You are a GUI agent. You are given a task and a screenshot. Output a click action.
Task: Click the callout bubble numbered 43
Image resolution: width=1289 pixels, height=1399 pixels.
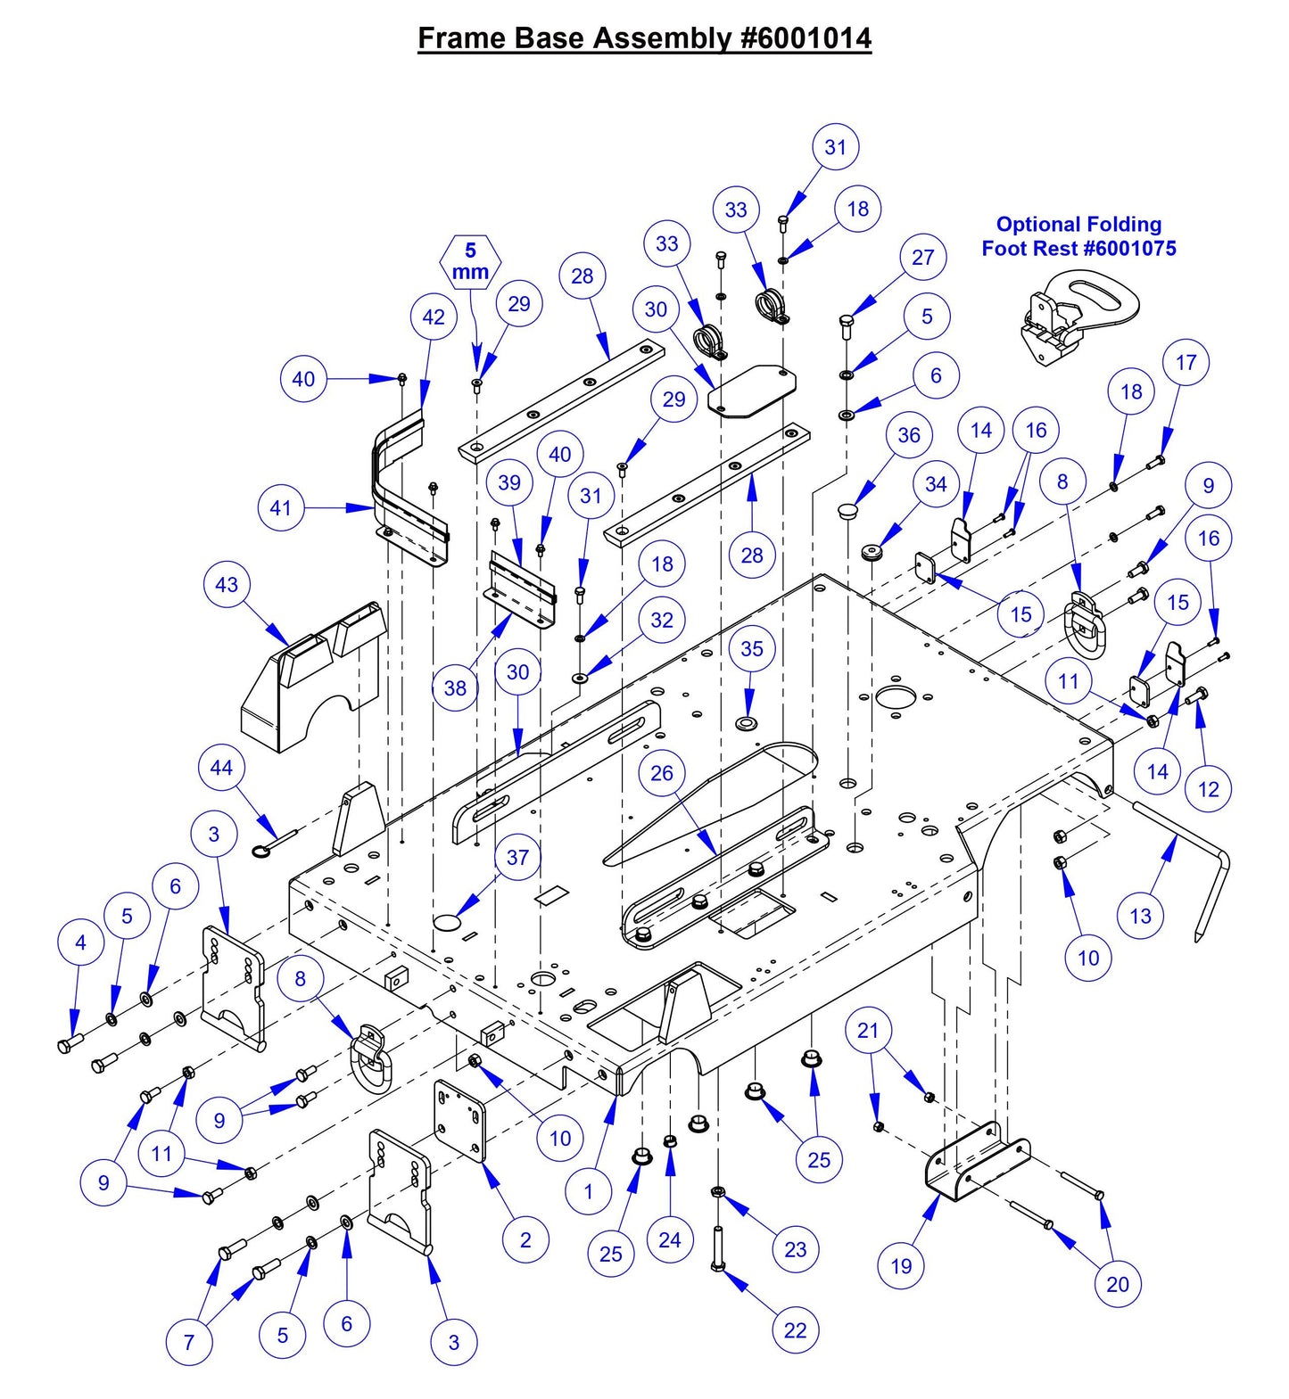(x=227, y=585)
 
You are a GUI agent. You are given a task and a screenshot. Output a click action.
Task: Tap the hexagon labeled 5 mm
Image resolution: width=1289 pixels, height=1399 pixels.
(x=471, y=261)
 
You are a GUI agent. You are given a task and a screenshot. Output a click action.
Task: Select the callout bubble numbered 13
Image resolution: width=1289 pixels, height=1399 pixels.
(x=1140, y=916)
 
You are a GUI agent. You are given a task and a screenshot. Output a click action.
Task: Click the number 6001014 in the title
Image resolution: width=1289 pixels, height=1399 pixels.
(x=814, y=38)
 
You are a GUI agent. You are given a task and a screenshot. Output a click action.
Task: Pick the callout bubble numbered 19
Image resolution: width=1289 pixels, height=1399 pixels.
(x=901, y=1265)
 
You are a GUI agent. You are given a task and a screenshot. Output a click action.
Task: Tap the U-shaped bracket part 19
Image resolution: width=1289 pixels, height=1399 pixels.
(x=977, y=1163)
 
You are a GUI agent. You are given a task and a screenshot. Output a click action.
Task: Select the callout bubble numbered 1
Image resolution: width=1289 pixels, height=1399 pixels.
(x=588, y=1191)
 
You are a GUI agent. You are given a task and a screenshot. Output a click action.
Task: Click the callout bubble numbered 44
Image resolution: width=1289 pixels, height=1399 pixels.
(x=221, y=768)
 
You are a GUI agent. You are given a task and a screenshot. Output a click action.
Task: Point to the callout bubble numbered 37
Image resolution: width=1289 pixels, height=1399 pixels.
(x=518, y=858)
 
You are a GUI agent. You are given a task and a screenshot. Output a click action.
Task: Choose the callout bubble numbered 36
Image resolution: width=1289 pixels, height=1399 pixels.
(x=909, y=435)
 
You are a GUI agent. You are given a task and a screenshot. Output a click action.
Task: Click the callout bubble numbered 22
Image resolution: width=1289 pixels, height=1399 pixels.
(x=795, y=1330)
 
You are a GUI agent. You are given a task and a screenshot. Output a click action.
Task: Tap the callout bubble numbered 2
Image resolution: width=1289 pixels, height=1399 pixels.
(x=525, y=1239)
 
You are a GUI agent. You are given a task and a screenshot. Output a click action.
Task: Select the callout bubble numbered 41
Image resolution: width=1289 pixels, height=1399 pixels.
(x=281, y=508)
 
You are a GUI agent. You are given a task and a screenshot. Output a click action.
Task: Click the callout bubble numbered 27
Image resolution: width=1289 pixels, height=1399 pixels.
(x=922, y=258)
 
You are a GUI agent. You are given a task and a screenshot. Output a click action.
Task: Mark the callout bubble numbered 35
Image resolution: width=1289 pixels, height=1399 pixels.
(x=752, y=648)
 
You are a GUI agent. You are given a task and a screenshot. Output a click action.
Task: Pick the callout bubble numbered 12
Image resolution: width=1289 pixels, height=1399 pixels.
(x=1208, y=789)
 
